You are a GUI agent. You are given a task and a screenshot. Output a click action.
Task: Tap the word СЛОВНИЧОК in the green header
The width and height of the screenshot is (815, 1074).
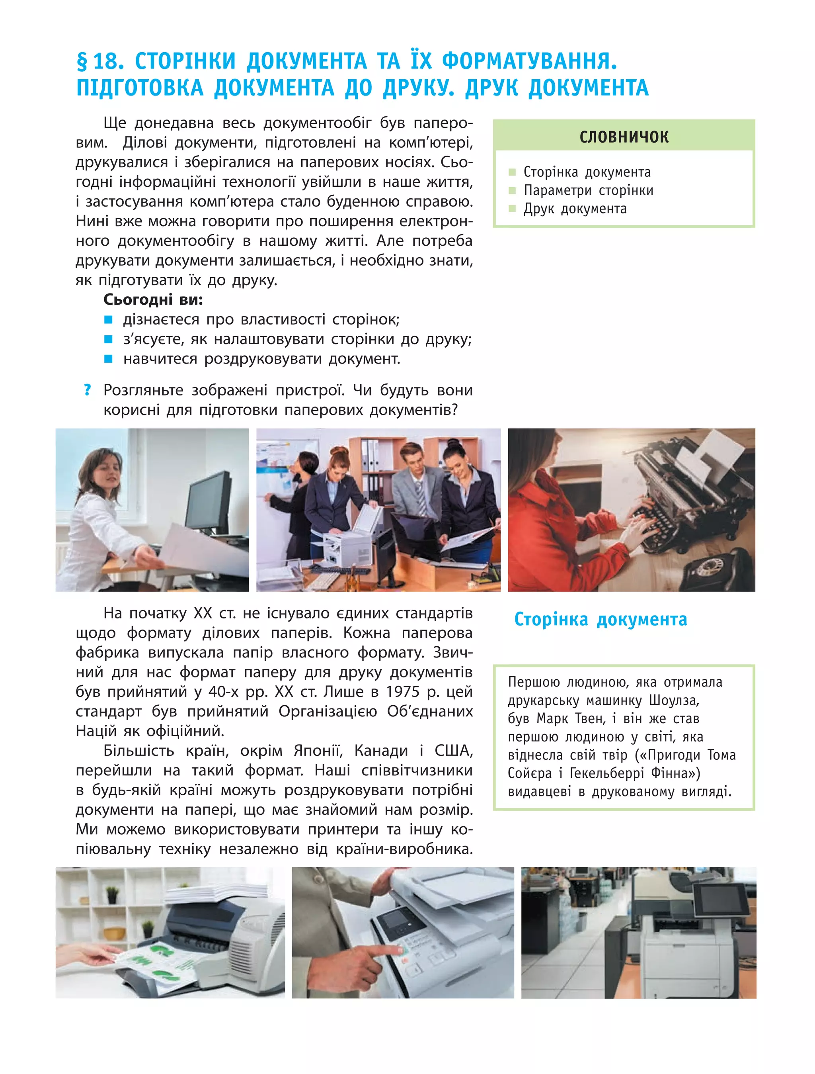[x=624, y=137]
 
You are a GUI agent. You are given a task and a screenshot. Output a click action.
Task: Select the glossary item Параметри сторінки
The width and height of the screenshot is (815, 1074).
[x=588, y=190]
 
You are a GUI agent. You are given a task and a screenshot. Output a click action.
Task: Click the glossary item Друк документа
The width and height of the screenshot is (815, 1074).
[x=575, y=209]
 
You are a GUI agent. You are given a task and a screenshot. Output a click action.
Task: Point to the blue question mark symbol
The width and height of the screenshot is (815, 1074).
[x=87, y=390]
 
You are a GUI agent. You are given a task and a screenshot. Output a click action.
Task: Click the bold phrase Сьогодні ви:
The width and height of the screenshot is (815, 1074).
[x=153, y=299]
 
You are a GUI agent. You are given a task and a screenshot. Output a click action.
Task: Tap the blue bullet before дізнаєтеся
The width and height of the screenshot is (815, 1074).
[x=109, y=319]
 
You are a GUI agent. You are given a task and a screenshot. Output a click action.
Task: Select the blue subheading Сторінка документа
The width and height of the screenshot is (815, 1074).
[x=601, y=620]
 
